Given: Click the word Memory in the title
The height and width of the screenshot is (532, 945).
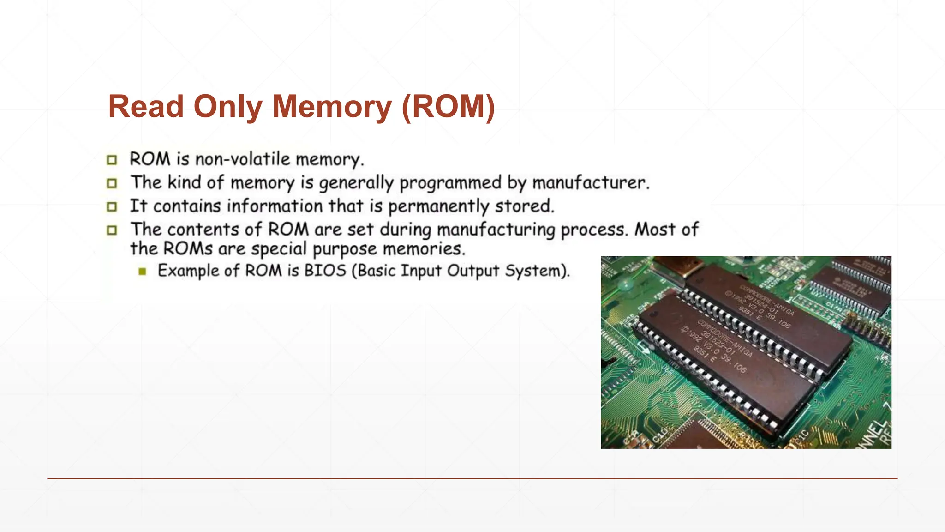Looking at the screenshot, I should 332,107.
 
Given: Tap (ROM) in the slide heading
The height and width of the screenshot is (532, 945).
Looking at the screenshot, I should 448,107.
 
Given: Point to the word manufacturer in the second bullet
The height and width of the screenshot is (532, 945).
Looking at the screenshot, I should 590,183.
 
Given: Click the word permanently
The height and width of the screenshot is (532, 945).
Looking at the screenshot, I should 438,206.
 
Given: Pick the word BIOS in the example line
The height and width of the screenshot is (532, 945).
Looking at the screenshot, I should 325,271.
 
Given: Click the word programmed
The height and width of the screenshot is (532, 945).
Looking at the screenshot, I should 450,183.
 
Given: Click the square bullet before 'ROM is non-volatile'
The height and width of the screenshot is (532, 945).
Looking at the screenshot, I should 112,160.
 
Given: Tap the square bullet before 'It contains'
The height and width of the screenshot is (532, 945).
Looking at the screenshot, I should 112,207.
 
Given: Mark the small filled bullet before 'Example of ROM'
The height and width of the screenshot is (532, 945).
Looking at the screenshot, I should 142,271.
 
